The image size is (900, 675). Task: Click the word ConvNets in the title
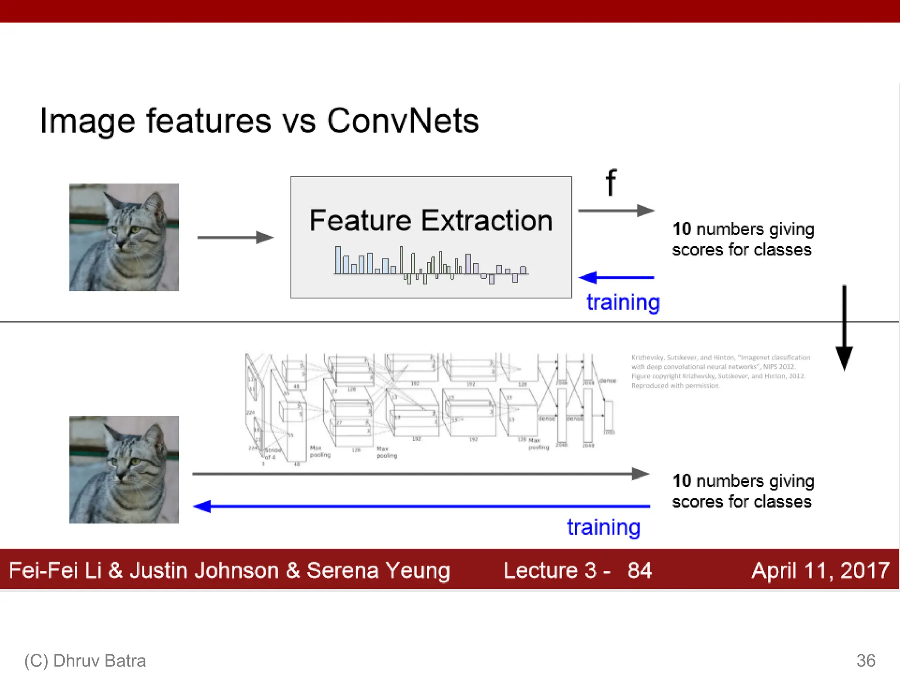(x=403, y=121)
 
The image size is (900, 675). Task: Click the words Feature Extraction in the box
(x=431, y=221)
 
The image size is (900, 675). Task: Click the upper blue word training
(x=623, y=302)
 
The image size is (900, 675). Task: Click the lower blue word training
(x=603, y=527)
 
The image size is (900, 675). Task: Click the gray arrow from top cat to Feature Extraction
(x=235, y=237)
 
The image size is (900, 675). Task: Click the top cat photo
(x=124, y=237)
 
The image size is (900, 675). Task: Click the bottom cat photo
(x=124, y=469)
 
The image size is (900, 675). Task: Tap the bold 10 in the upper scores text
(x=682, y=229)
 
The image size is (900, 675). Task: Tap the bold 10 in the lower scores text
(x=682, y=481)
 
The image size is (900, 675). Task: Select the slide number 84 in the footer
(x=639, y=570)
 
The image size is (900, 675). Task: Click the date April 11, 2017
(x=820, y=570)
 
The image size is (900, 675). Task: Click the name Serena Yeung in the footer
(x=378, y=570)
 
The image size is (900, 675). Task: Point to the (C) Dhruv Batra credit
(x=85, y=660)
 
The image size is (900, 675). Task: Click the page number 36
(x=866, y=660)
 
